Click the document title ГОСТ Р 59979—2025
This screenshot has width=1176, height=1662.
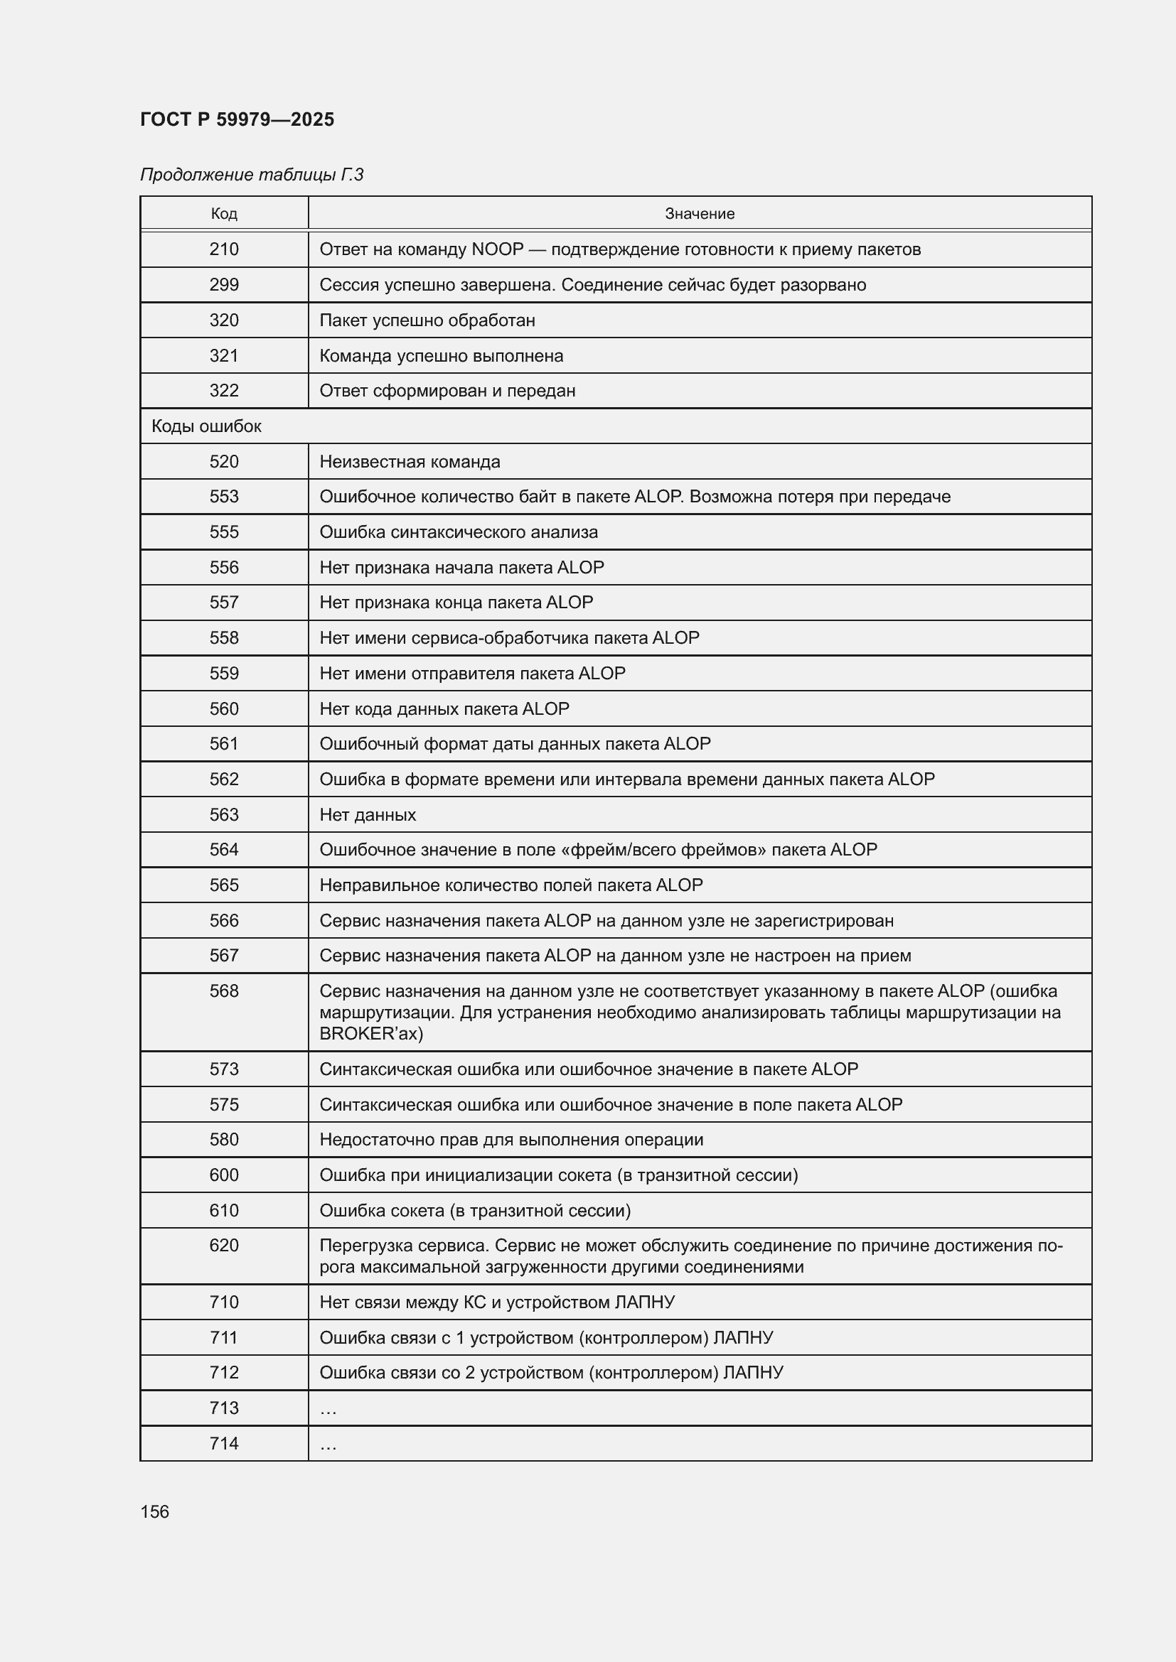point(237,119)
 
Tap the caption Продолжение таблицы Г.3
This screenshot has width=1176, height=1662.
point(251,175)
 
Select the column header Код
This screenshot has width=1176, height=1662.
point(224,214)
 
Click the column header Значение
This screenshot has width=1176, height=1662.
point(700,214)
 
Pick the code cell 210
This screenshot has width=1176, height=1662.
point(224,249)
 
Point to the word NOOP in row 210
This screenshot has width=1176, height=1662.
point(497,249)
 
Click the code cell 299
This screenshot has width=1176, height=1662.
point(224,284)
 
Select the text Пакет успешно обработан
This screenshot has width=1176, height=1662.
point(427,320)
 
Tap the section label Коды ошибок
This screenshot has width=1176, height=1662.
point(206,426)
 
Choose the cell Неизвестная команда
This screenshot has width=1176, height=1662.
point(410,462)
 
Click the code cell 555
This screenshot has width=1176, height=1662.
point(224,532)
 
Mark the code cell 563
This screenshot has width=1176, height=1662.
point(224,814)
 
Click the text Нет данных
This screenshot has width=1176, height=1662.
point(368,814)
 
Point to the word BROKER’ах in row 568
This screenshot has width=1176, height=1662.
point(370,1033)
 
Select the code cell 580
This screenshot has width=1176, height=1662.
point(224,1139)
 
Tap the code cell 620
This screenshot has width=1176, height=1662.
point(224,1245)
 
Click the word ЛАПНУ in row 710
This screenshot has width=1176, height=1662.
point(644,1302)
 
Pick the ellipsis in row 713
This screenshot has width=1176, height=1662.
point(328,1408)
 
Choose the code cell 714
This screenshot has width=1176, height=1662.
point(224,1443)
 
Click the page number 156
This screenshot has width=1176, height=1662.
point(154,1511)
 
